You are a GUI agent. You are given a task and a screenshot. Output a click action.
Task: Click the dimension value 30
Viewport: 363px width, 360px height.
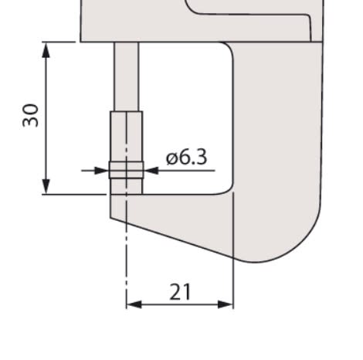(x=30, y=115)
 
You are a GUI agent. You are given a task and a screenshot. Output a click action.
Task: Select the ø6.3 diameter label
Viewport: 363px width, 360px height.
(x=186, y=157)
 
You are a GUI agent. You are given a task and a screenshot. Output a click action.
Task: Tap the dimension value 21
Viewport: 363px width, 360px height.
(x=180, y=292)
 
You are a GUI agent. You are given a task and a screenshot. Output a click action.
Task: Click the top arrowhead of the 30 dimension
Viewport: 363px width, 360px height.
(x=46, y=50)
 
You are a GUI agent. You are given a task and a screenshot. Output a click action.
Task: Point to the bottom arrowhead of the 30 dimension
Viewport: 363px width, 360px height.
(x=46, y=186)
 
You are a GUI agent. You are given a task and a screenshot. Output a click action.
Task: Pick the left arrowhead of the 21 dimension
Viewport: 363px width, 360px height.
(x=134, y=304)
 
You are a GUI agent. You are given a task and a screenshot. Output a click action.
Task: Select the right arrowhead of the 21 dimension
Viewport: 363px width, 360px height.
(x=226, y=304)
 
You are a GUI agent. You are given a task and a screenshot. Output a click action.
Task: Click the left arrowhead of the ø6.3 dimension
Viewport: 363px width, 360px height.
(x=101, y=171)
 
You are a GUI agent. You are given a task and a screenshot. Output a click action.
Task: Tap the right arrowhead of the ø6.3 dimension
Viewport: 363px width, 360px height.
(x=151, y=171)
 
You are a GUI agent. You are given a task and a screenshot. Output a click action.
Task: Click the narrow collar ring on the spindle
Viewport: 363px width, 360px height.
(x=126, y=170)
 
